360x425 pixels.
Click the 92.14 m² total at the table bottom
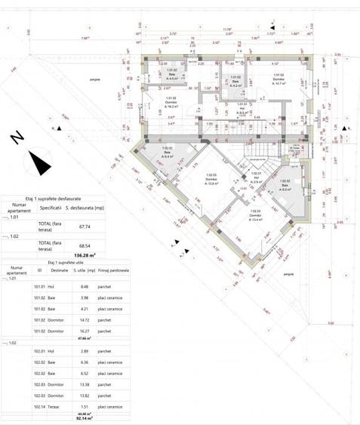click(x=85, y=417)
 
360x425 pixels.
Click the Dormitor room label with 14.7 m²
click(x=278, y=79)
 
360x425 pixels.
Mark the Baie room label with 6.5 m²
click(x=284, y=186)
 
